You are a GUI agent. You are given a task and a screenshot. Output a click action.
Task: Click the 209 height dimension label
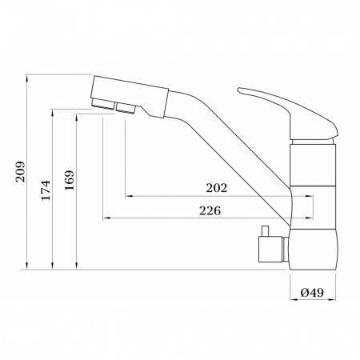coord(20,172)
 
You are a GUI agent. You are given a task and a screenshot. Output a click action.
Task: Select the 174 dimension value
coord(46,190)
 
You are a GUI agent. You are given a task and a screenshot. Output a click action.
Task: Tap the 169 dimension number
coord(70,180)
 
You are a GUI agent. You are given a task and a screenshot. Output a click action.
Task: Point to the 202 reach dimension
coord(217,188)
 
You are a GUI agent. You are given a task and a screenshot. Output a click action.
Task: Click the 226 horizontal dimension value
coord(210,210)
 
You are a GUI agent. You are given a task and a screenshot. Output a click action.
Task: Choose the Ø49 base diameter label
coord(312,293)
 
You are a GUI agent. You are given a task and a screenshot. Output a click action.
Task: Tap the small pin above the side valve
coord(265,231)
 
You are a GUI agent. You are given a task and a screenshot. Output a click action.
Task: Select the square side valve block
coord(270,249)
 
